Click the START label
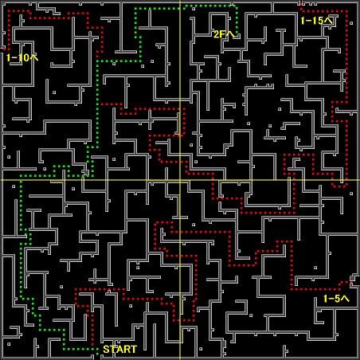pyautogui.click(x=119, y=349)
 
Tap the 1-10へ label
pyautogui.click(x=22, y=57)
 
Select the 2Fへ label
pyautogui.click(x=224, y=34)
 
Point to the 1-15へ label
pyautogui.click(x=316, y=21)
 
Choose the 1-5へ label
pyautogui.click(x=336, y=299)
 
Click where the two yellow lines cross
pyautogui.click(x=180, y=180)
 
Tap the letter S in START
pyautogui.click(x=106, y=349)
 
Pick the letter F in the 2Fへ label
pyautogui.click(x=223, y=34)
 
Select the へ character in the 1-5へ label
pyautogui.click(x=345, y=299)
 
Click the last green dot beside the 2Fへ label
pyautogui.click(x=237, y=34)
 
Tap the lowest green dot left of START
pyautogui.click(x=97, y=354)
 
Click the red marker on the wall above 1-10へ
pyautogui.click(x=4, y=49)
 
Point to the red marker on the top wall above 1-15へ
pyautogui.click(x=301, y=4)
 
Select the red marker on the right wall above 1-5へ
pyautogui.click(x=352, y=283)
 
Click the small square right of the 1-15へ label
pyautogui.click(x=351, y=23)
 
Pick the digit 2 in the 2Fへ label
pyautogui.click(x=217, y=34)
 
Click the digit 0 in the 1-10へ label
pyautogui.click(x=25, y=57)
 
